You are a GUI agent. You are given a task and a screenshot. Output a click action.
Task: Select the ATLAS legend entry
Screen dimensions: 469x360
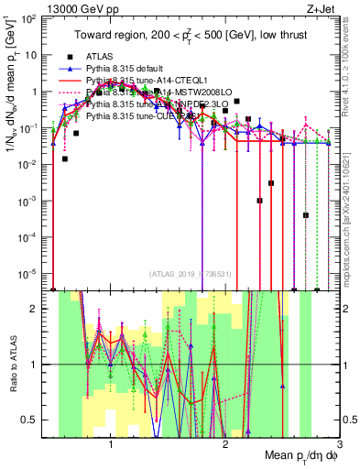(x=100, y=57)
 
